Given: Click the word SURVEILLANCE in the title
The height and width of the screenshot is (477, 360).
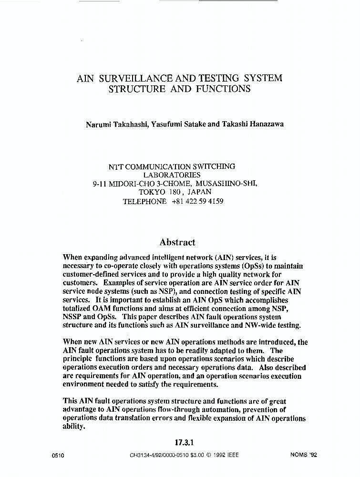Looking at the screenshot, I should [129, 78].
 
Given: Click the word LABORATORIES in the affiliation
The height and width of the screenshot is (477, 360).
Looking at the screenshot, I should [172, 175].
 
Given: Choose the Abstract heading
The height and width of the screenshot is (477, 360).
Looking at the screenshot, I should [177, 242].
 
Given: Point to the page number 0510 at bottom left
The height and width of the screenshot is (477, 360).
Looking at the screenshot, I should [58, 456].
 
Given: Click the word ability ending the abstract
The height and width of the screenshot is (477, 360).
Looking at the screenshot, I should [73, 427].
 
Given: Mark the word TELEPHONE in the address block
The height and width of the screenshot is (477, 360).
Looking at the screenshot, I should [144, 201].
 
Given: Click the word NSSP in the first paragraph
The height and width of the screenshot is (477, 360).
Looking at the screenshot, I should [73, 317].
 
